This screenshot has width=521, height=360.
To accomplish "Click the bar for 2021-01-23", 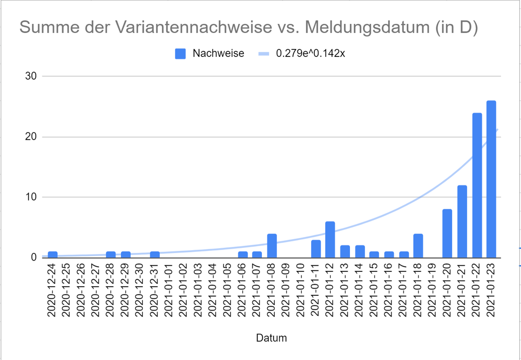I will click(x=491, y=179).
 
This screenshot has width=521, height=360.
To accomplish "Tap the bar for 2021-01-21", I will click(x=462, y=221).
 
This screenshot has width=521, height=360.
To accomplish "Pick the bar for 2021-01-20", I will click(x=447, y=233).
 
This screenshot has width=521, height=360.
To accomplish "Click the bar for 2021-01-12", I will click(x=330, y=239).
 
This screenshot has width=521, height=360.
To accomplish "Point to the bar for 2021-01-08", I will click(x=272, y=245).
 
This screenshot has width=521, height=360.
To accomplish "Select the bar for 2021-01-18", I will click(x=418, y=245).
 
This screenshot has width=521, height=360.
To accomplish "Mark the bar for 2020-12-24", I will click(x=53, y=254).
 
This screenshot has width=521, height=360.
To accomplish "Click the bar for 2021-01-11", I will click(x=316, y=248).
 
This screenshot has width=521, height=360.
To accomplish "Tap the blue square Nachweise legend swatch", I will click(x=180, y=53).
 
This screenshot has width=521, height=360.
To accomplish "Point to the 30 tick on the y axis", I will click(x=30, y=76).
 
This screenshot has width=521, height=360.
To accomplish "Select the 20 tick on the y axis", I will click(x=30, y=137).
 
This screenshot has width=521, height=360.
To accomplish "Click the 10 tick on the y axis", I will click(x=30, y=197).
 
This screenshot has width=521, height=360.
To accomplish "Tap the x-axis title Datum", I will click(x=271, y=338).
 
